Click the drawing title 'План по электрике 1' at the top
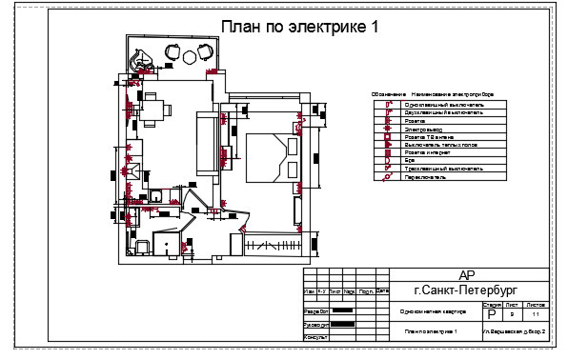tap(299, 27)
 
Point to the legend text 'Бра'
tap(410, 161)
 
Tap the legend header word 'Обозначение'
tap(387, 95)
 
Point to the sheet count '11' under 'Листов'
tap(536, 313)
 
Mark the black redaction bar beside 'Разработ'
tap(342, 310)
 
